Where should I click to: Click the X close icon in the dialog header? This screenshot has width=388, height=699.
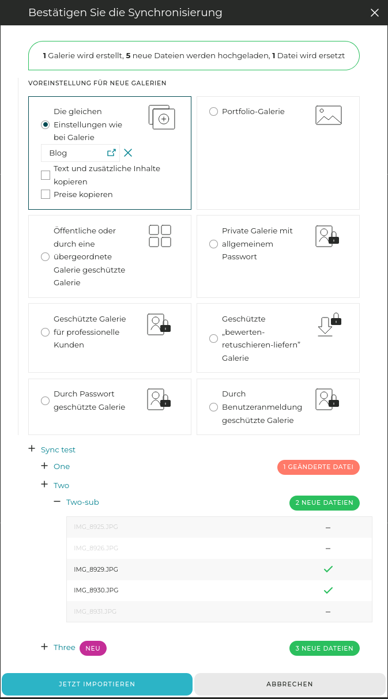point(375,13)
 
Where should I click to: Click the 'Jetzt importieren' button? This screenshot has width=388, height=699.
point(97,684)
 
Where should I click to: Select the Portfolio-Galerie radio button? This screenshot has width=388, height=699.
point(213,112)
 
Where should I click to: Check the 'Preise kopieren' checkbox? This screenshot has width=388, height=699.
point(46,194)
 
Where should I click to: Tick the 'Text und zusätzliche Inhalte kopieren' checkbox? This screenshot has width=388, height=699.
point(46,175)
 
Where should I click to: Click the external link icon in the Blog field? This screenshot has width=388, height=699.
point(112,153)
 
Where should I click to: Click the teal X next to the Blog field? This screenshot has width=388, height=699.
point(128,153)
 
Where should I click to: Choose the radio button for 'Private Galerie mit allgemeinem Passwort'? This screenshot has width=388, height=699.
point(213,244)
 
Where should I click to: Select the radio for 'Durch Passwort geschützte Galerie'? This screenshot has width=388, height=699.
point(45,400)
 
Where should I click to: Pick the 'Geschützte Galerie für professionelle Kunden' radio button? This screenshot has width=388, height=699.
point(45,332)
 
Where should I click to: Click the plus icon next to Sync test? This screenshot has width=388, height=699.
point(32,449)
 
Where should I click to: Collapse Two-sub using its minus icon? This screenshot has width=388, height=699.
point(57,501)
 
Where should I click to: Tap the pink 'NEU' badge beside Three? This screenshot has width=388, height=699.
point(93,648)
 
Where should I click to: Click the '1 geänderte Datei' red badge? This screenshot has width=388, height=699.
point(318,467)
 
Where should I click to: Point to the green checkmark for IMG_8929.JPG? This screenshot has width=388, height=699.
point(328,569)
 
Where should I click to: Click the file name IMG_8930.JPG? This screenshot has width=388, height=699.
point(96,590)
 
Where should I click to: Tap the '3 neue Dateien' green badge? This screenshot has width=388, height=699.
point(324,648)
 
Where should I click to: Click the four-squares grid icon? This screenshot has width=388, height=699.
point(160,236)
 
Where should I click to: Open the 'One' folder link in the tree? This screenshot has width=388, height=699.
point(62,466)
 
